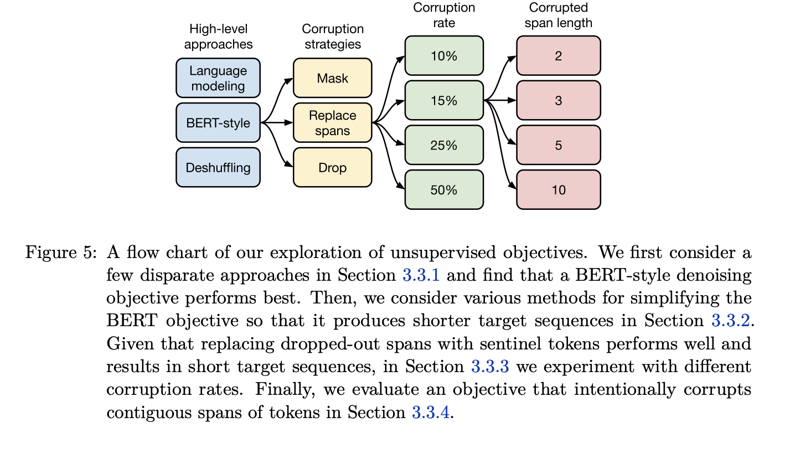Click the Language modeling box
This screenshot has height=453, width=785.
[x=218, y=78]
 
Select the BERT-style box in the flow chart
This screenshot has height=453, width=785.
[x=218, y=123]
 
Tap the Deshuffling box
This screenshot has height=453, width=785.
[x=218, y=167]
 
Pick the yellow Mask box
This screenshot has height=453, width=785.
[x=332, y=78]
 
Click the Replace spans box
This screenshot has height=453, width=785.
[x=332, y=123]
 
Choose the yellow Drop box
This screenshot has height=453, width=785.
[x=332, y=167]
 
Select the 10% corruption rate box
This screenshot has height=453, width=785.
[x=444, y=56]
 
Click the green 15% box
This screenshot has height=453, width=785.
[x=444, y=101]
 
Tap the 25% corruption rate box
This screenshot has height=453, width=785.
[x=444, y=145]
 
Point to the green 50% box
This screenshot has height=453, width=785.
[x=444, y=190]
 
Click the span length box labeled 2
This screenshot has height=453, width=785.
[x=558, y=56]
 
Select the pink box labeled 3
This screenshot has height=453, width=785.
[x=558, y=101]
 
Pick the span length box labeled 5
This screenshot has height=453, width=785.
[x=558, y=145]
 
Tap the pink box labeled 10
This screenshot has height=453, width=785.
[x=558, y=190]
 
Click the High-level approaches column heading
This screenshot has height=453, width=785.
[x=218, y=36]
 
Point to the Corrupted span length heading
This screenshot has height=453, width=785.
[x=558, y=16]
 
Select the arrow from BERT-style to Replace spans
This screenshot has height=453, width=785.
[x=277, y=122]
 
